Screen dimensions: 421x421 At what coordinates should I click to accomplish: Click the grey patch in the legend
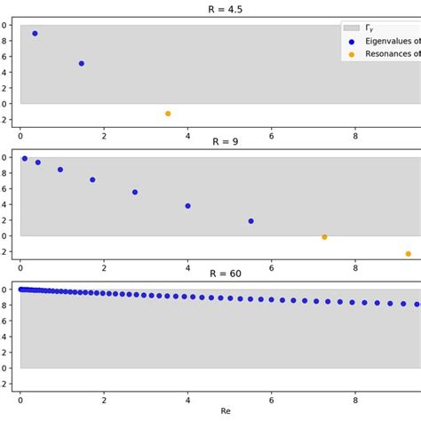355,28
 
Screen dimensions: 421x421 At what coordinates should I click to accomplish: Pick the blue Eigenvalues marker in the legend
351,42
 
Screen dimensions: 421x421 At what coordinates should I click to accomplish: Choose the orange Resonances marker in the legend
351,54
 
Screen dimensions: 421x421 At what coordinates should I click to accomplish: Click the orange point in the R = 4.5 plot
167,114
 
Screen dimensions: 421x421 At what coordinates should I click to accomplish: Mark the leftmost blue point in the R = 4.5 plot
35,34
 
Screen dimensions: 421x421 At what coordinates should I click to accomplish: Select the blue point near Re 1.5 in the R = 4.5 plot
82,64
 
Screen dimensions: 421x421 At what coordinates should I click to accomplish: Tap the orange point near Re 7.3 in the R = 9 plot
324,237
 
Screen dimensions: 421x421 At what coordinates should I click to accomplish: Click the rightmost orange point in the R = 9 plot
409,254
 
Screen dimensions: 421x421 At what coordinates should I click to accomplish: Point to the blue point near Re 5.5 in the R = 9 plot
250,221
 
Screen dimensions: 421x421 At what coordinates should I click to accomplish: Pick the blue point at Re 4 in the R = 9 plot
187,206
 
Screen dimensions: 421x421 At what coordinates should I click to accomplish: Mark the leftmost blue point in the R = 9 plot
24,159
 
